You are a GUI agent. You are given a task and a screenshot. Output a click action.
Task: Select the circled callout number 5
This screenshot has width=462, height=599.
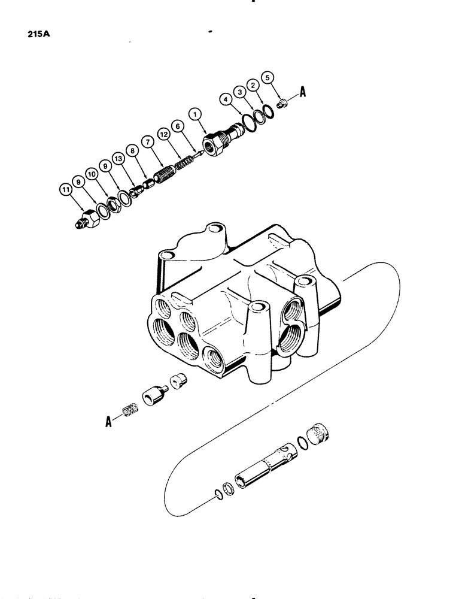[268, 77]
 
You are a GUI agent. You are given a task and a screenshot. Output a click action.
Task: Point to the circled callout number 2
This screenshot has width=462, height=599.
[254, 87]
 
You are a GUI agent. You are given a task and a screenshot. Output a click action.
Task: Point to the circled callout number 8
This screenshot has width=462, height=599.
[130, 152]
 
